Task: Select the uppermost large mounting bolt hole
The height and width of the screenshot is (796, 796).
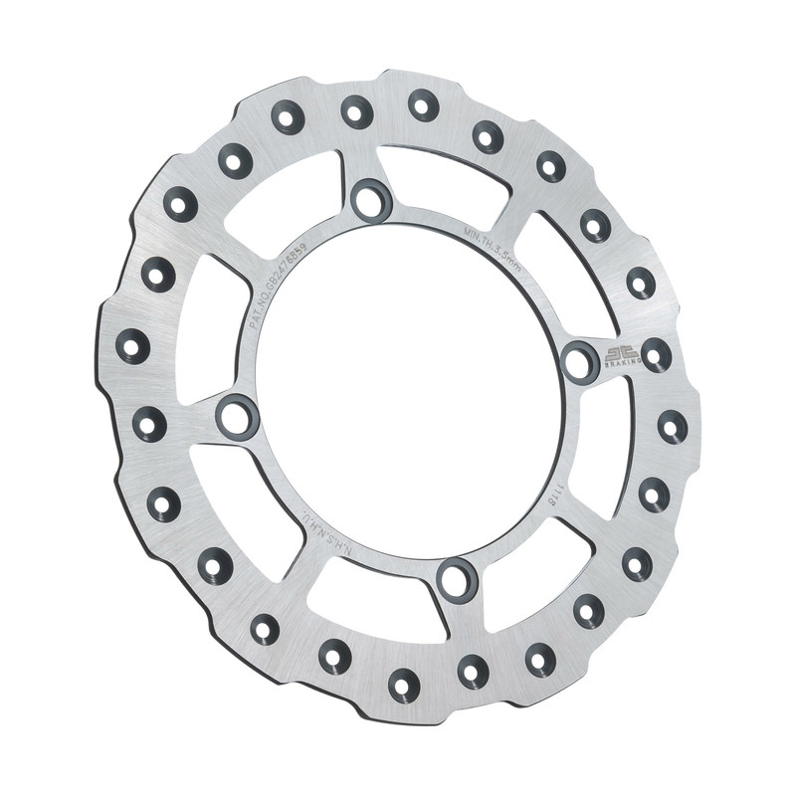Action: [371, 199]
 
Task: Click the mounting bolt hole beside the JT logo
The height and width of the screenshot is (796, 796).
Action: [580, 361]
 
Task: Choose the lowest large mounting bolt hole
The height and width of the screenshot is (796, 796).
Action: [457, 578]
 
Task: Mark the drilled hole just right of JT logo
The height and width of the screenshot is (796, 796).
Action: [656, 354]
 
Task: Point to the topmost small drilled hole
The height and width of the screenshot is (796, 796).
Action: [423, 103]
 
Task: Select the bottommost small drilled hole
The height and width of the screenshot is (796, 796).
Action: [404, 685]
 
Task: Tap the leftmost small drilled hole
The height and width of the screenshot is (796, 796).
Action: [132, 346]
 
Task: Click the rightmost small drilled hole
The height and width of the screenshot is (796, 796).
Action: [673, 427]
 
